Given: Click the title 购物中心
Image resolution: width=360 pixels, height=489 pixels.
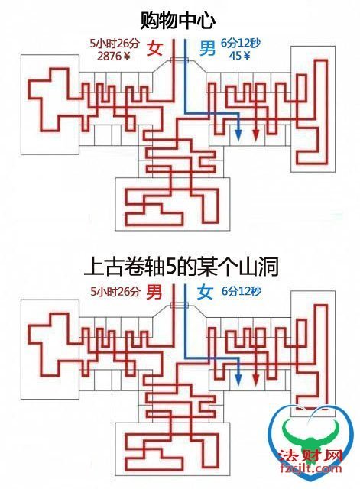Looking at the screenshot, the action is (x=178, y=21).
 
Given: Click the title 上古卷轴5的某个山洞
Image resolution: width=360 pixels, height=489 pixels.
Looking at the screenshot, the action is (x=181, y=267).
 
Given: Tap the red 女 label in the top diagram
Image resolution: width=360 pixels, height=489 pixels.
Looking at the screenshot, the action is (x=155, y=49).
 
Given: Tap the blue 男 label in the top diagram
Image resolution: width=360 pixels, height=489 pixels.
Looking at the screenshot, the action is (x=207, y=48).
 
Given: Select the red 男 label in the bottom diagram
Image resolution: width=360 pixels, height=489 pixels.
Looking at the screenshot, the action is (x=154, y=292).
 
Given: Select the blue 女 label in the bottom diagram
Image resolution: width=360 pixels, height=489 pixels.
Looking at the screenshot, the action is (x=205, y=292).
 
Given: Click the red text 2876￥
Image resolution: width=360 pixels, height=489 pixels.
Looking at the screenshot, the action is (x=114, y=56).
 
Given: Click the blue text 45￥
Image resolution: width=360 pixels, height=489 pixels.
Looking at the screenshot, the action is (x=239, y=56).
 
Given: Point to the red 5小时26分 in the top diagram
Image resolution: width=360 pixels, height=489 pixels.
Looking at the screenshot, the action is (x=114, y=44).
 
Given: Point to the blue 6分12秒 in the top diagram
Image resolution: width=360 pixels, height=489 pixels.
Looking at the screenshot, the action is (x=241, y=43).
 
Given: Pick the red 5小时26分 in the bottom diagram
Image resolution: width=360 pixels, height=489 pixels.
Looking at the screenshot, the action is (x=115, y=292).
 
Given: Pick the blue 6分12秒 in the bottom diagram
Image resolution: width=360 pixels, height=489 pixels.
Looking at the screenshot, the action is (x=242, y=291).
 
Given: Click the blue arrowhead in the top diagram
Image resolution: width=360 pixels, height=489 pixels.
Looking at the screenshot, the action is (x=238, y=135).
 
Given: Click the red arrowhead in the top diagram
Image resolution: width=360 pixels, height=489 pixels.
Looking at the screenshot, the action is (x=256, y=135).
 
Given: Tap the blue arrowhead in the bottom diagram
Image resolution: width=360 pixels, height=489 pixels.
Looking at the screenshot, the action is (x=238, y=379).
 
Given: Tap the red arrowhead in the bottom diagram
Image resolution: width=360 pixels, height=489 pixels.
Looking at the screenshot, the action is (x=256, y=379).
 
